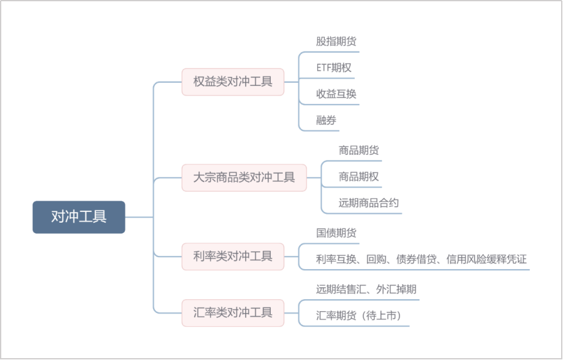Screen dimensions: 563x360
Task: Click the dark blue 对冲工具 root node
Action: [79, 217]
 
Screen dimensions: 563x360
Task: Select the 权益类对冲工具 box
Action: [233, 82]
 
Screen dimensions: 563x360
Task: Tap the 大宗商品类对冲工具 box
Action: [244, 177]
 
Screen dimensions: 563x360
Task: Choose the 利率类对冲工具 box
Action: [233, 256]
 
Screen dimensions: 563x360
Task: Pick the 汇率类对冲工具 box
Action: [233, 312]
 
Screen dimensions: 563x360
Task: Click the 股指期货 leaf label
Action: [336, 41]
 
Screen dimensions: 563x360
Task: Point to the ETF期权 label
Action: [334, 68]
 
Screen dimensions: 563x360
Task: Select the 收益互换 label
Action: [336, 94]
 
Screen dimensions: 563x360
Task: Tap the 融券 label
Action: [326, 120]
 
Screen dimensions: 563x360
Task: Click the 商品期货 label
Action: [359, 150]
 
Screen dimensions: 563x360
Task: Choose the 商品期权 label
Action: [359, 176]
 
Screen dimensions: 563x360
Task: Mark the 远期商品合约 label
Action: [369, 203]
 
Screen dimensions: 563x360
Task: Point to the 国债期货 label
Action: [336, 233]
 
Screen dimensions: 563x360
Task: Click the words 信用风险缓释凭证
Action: [487, 259]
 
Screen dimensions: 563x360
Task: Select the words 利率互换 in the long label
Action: [336, 259]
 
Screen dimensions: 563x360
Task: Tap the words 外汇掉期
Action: [396, 289]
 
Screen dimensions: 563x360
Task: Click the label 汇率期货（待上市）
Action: [359, 315]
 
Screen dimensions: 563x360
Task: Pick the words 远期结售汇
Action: [341, 289]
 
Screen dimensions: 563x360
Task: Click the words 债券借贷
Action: [416, 259]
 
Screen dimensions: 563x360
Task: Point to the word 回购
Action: [376, 259]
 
